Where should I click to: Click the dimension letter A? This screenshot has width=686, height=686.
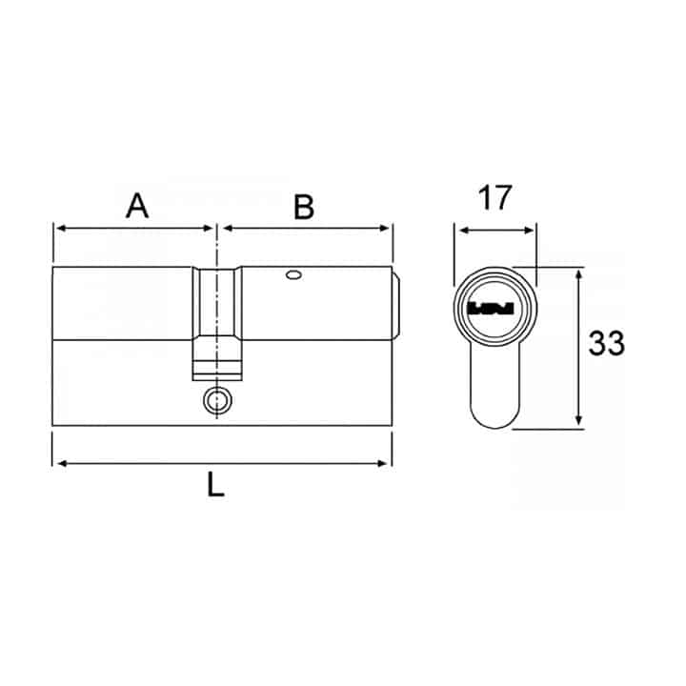[137, 206]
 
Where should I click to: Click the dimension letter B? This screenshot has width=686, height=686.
[304, 208]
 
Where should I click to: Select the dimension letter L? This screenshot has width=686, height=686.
[215, 484]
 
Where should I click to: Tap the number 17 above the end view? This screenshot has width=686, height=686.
[494, 198]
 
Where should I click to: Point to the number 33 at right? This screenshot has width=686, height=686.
[606, 343]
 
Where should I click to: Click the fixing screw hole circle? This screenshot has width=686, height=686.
[217, 400]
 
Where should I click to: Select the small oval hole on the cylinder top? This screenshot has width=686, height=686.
[294, 275]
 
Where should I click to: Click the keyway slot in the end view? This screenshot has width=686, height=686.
[491, 309]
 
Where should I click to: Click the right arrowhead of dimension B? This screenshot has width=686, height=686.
[385, 228]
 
